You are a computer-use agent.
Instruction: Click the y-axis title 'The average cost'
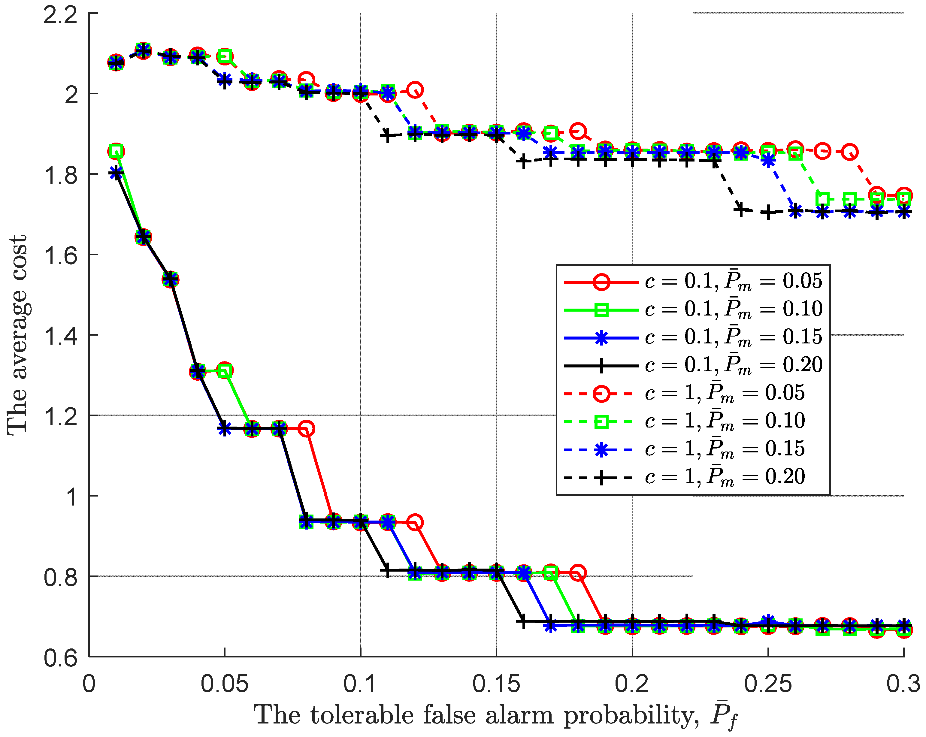[x=17, y=335]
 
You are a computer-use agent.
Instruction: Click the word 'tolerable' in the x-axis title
[x=363, y=715]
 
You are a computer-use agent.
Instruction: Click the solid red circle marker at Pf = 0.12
[x=414, y=522]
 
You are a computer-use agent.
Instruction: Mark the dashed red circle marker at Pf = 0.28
[x=849, y=152]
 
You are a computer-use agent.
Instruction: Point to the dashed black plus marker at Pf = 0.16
[x=523, y=162]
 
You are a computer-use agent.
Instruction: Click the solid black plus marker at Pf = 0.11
[x=387, y=571]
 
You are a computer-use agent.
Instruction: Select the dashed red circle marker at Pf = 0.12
[x=414, y=90]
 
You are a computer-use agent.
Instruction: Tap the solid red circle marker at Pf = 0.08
[x=306, y=429]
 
